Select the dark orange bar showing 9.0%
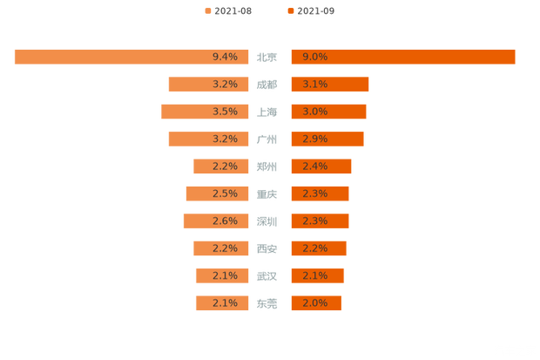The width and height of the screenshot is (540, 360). coord(403,57)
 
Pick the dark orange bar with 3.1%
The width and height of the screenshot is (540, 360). coord(330,85)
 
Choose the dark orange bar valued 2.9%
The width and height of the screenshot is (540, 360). coord(327,139)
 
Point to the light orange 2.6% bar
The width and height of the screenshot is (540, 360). coord(217,221)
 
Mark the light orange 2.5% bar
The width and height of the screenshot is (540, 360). coord(219,194)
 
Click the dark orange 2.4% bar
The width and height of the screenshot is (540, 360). coord(321,166)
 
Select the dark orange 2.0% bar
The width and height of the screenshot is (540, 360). coord(316,303)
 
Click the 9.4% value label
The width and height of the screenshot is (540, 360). coord(225,57)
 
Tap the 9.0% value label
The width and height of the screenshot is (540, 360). coord(314,57)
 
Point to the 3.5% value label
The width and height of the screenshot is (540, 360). coord(225,112)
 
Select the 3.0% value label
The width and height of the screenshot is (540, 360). coord(314,112)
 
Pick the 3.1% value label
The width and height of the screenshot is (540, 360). coord(314,85)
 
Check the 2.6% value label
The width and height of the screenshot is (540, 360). coord(225,221)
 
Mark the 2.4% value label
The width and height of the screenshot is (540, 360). coord(314,166)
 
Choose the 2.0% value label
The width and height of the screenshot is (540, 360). coord(314,303)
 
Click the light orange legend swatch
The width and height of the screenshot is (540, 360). coord(207,10)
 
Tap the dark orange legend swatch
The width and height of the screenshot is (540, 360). coord(289,10)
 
